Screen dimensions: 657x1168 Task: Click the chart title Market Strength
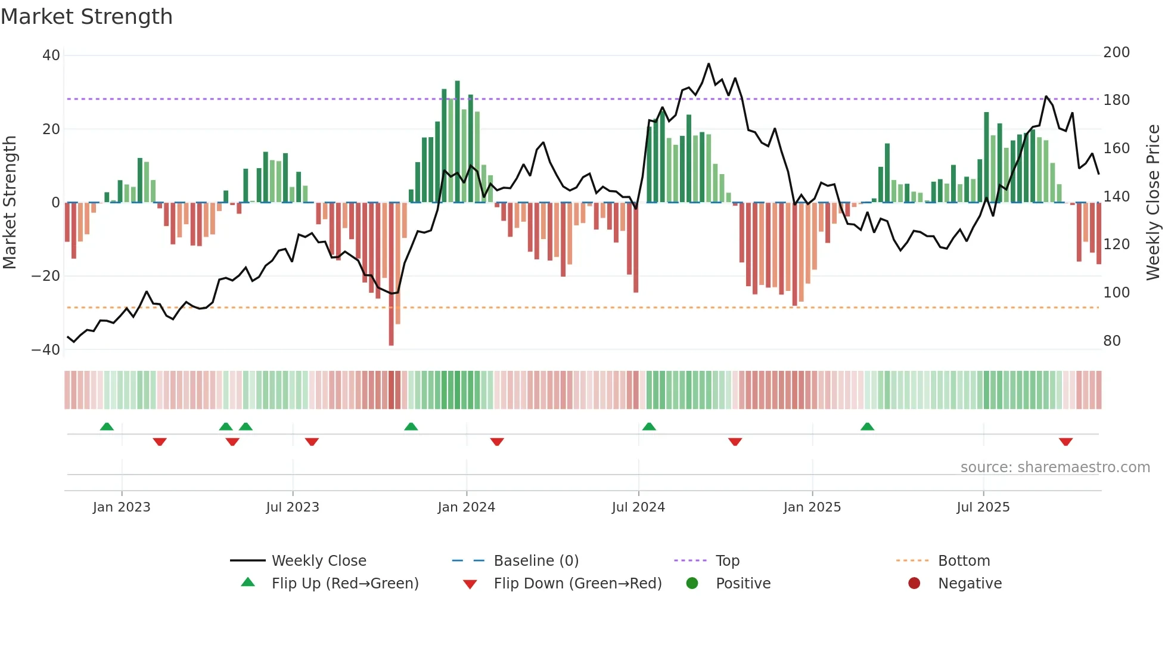pyautogui.click(x=86, y=17)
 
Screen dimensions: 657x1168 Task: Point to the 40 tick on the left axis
pyautogui.click(x=51, y=55)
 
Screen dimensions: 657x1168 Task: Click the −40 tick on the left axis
pyautogui.click(x=46, y=350)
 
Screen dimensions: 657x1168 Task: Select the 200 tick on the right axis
pyautogui.click(x=1116, y=52)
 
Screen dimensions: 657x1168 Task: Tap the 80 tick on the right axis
pyautogui.click(x=1112, y=341)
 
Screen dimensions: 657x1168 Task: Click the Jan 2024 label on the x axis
pyautogui.click(x=466, y=507)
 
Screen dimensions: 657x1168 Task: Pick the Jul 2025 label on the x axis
pyautogui.click(x=983, y=507)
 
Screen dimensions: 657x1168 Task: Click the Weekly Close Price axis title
pyautogui.click(x=1153, y=203)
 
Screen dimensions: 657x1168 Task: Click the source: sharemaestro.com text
pyautogui.click(x=1055, y=467)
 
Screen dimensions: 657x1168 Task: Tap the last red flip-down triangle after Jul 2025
pyautogui.click(x=1066, y=442)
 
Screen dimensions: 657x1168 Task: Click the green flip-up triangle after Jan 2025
pyautogui.click(x=867, y=426)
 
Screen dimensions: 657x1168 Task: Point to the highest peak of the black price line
pyautogui.click(x=709, y=64)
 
